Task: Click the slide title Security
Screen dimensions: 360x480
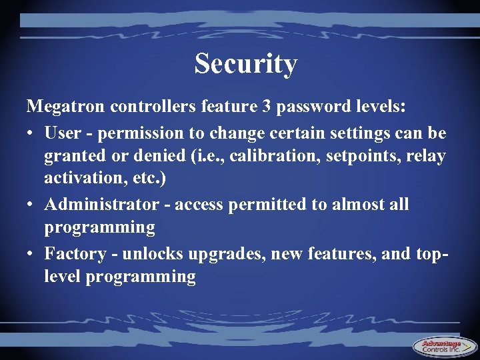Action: coord(245,64)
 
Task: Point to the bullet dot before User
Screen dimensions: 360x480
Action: coord(31,133)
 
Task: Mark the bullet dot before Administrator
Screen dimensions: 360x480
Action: coord(31,205)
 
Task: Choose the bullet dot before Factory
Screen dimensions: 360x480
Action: coord(31,254)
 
